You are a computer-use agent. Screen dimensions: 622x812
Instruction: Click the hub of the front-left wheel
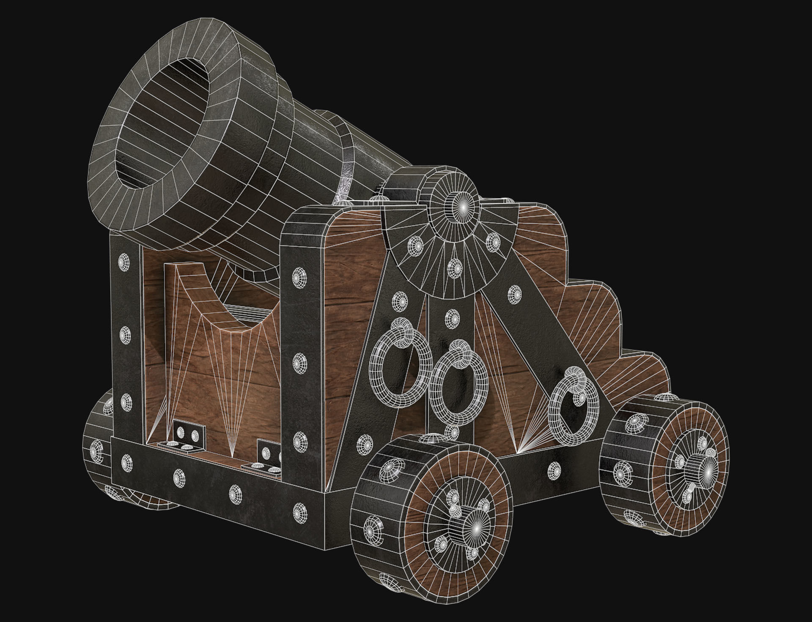click(475, 529)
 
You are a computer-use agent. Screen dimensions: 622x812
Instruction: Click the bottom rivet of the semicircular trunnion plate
click(455, 266)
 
